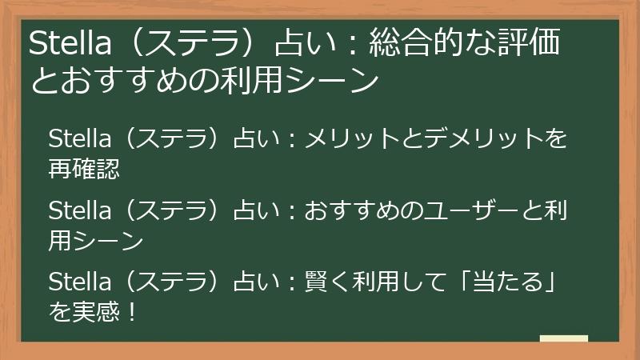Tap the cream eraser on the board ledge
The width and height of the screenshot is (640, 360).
pyautogui.click(x=563, y=339)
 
